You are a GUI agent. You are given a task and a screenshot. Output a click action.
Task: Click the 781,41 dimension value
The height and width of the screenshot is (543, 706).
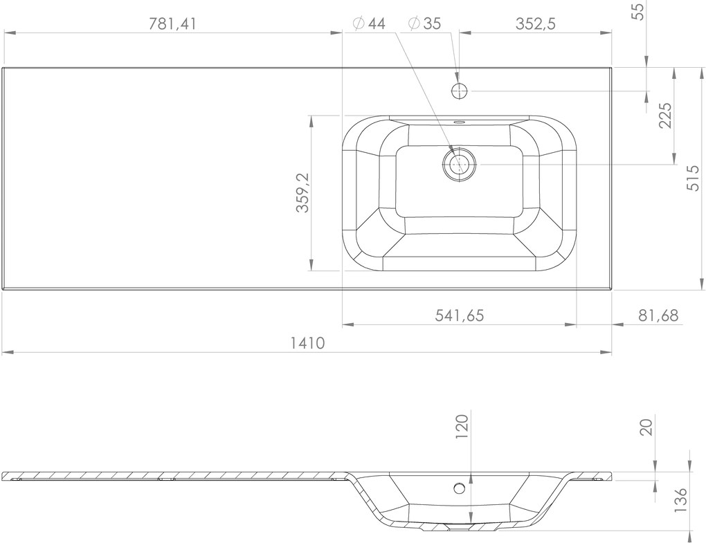(x=173, y=24)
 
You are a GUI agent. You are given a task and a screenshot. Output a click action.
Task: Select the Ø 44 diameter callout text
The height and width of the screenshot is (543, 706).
(x=368, y=24)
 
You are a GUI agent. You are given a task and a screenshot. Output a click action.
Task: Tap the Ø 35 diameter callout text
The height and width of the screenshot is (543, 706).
(x=424, y=24)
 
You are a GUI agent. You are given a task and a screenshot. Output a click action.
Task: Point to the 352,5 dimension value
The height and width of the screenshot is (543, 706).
(x=536, y=24)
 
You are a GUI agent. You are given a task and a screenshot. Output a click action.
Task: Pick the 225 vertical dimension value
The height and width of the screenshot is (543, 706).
(x=665, y=116)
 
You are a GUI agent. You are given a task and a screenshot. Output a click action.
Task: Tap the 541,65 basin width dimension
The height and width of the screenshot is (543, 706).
(x=459, y=315)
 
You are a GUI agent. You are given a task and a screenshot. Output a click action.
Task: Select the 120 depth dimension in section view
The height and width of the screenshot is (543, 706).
(x=462, y=426)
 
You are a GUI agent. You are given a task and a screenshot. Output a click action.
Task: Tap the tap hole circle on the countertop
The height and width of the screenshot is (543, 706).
(x=460, y=91)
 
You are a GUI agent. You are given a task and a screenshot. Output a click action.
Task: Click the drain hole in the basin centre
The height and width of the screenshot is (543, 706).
(x=458, y=165)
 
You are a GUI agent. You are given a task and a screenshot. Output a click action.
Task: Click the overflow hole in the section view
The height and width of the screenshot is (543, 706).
(x=458, y=488)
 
